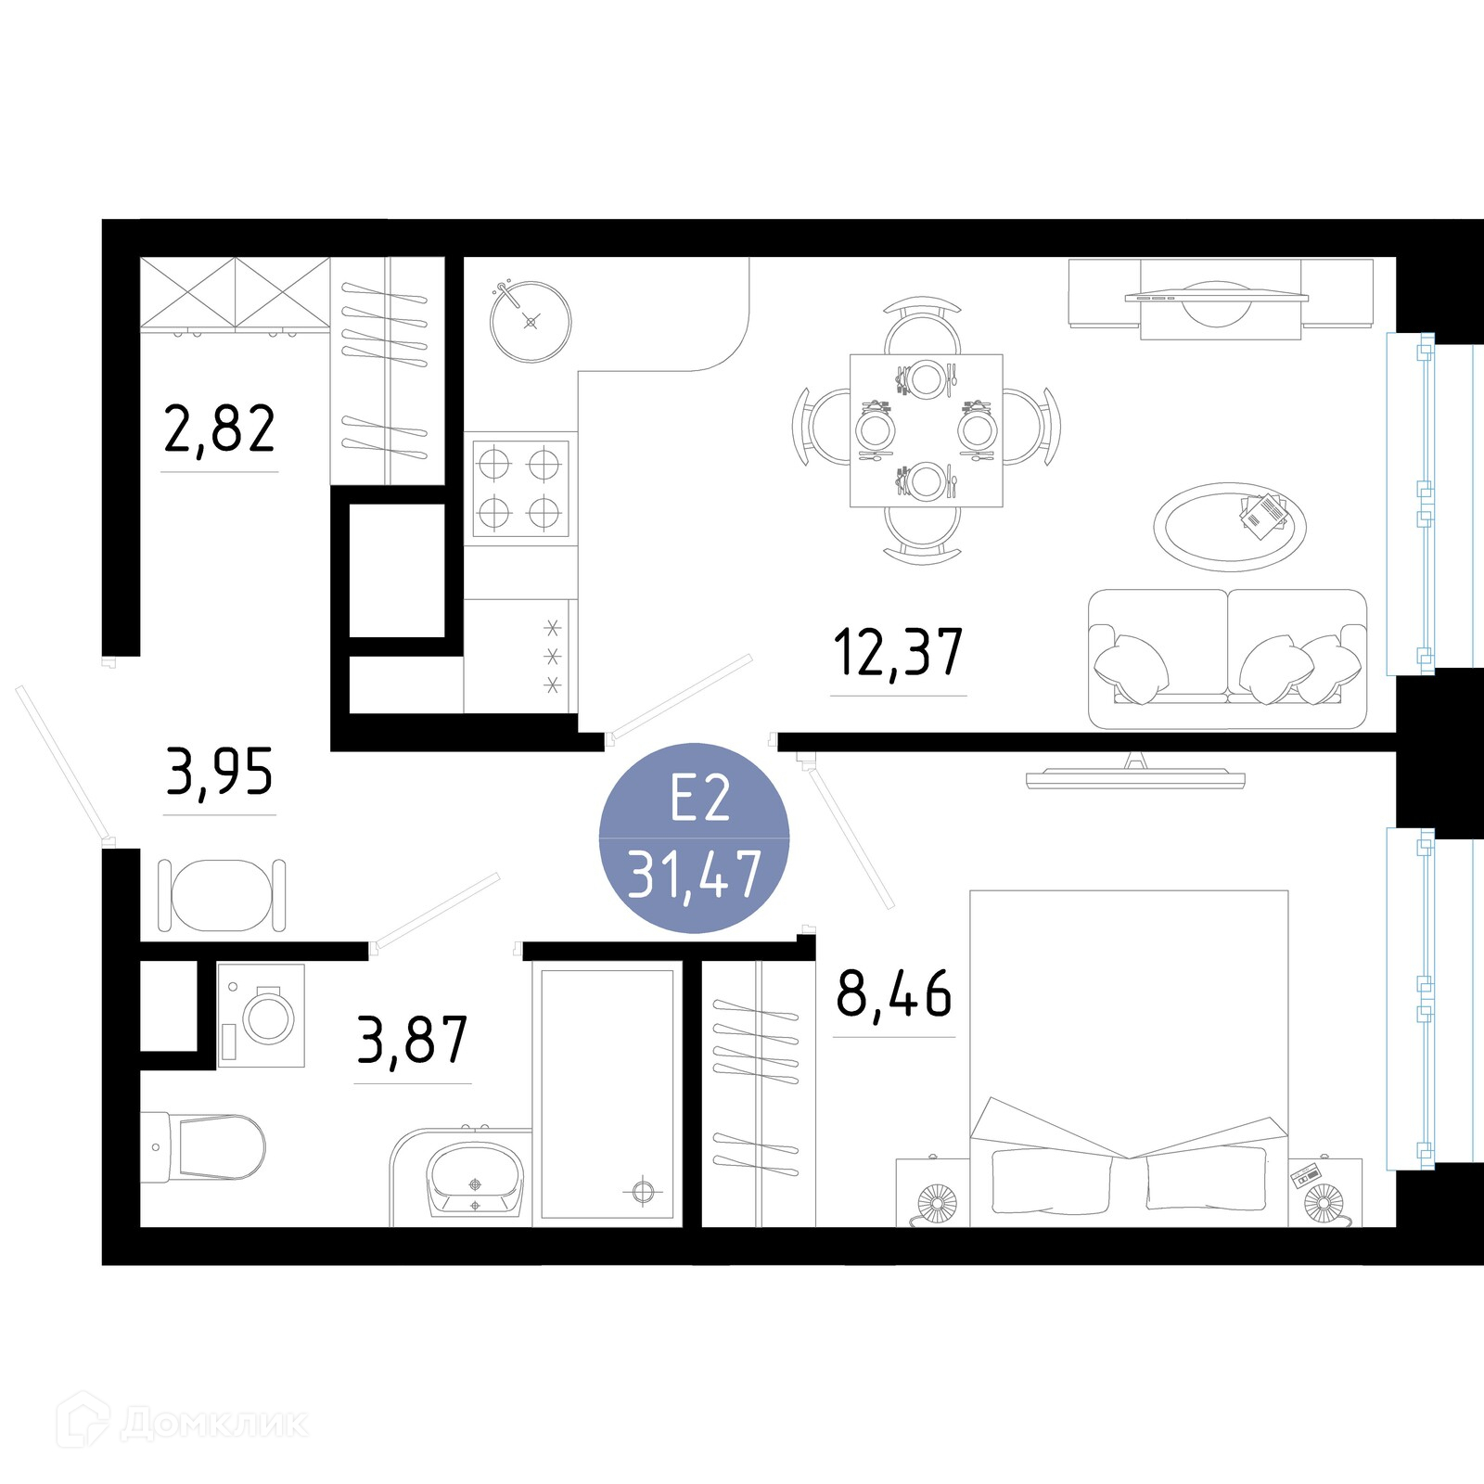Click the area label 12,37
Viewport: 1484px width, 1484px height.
898,653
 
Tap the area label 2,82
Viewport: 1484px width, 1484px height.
220,429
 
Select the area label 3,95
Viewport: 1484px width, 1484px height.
220,772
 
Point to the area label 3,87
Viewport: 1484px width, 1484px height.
413,1040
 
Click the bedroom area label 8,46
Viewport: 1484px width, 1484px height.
894,993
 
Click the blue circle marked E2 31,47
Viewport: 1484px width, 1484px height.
694,838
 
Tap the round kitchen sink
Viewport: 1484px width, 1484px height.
531,322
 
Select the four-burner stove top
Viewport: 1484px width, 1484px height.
520,488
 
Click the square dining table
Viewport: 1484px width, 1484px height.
927,430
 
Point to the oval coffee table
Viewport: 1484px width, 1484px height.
1230,527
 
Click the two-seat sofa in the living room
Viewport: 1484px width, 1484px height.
1227,659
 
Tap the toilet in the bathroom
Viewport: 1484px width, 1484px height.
203,1147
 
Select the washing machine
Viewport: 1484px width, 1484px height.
261,1016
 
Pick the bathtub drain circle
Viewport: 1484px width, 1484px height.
644,1191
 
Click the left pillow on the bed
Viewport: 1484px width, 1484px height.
1051,1181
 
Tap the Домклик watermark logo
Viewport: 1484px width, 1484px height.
183,1423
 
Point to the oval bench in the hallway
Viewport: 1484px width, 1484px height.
222,895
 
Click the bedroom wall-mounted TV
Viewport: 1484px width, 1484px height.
1135,773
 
